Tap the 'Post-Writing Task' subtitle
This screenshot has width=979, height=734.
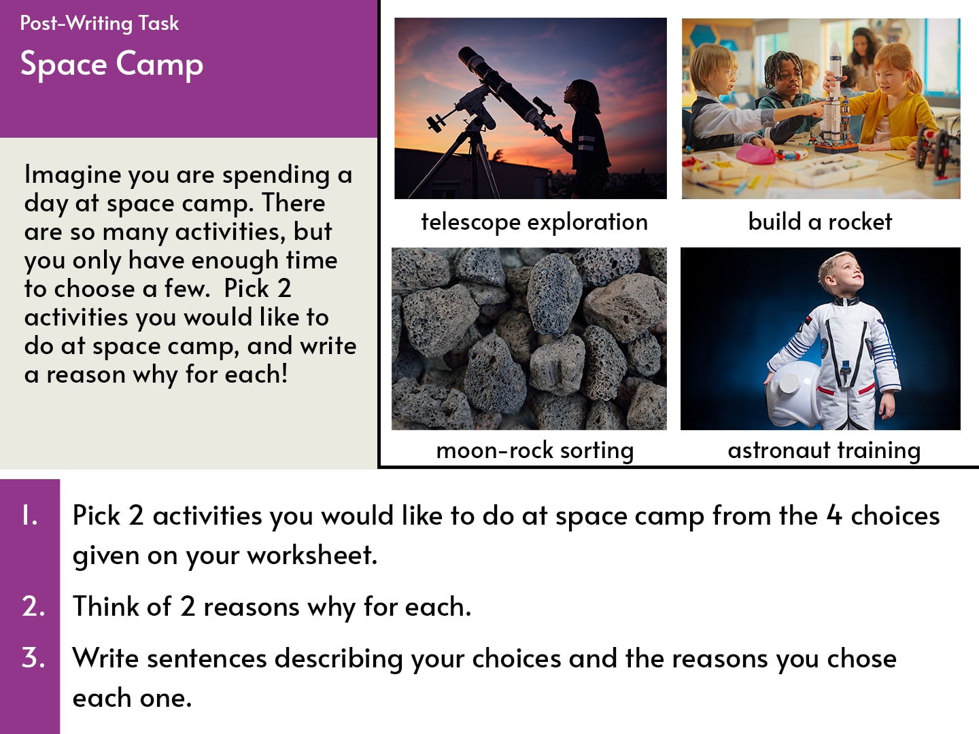99,24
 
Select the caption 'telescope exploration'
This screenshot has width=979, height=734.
534,222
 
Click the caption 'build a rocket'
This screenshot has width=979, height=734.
820,222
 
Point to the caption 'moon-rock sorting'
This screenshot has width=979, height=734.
535,451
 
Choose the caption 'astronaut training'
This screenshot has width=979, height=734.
824,451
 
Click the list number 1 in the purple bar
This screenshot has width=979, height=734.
30,516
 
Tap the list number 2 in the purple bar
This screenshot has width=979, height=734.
33,606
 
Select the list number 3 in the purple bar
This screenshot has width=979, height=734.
33,658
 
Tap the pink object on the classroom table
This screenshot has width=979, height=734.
754,154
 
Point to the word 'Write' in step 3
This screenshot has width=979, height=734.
105,659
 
